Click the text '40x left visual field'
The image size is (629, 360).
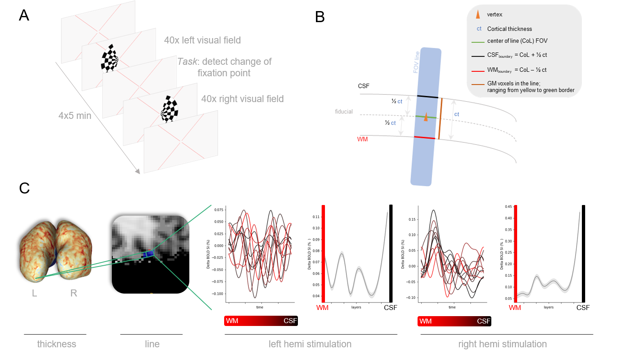coord(202,40)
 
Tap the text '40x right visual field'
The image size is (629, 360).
coord(242,99)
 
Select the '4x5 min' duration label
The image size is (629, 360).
coord(75,116)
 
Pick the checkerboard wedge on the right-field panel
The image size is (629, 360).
coord(170,109)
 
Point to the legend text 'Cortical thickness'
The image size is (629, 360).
coord(509,29)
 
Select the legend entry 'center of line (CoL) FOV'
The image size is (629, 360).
coord(517,41)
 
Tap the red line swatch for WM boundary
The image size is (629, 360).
coord(478,71)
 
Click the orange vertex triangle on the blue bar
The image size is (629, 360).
coord(426,117)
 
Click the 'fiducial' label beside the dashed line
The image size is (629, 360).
coord(343,112)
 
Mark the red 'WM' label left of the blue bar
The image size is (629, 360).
coord(362,139)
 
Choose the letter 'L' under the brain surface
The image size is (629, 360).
coord(34,293)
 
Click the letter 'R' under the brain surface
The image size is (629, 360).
coord(74,293)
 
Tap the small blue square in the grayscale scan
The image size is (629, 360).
coord(149,254)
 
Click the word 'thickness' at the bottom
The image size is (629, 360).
coord(57,344)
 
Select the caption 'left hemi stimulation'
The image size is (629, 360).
coord(310,344)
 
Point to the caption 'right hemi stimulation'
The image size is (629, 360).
coord(502,344)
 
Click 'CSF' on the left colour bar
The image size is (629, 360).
coord(290,321)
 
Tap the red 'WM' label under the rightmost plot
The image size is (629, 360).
coord(515,308)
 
